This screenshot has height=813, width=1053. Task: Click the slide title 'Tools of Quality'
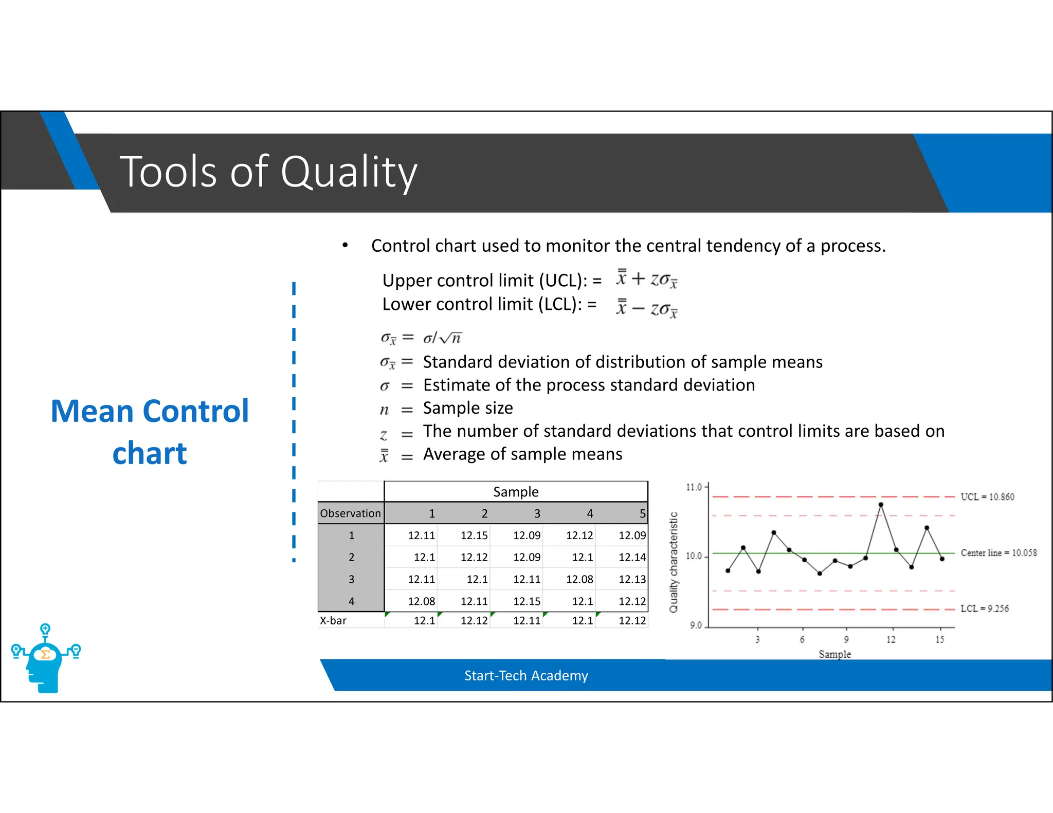[268, 172]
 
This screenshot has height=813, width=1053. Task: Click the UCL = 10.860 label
[987, 497]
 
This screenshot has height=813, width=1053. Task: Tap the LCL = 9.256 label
[984, 608]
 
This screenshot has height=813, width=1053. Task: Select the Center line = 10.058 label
[998, 553]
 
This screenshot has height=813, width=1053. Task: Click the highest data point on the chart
[881, 505]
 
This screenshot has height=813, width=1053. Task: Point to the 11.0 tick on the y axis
[694, 487]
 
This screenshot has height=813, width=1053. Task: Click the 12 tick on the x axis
[891, 639]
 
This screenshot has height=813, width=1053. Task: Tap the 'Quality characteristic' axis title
[674, 562]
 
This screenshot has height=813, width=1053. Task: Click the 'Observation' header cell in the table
[351, 513]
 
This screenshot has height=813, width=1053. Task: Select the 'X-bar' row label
[333, 620]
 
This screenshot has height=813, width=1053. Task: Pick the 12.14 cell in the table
[632, 557]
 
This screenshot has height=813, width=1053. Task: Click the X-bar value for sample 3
[526, 620]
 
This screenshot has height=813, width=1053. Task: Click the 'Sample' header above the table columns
[516, 492]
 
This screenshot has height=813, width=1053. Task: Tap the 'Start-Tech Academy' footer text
[526, 675]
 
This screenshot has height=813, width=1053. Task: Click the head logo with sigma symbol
[46, 660]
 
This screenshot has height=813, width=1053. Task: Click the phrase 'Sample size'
[468, 408]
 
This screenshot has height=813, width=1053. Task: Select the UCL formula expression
[647, 279]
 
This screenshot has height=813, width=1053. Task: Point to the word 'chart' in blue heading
[150, 453]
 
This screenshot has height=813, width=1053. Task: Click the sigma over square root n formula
[442, 338]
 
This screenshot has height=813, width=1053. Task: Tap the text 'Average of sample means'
[522, 454]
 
